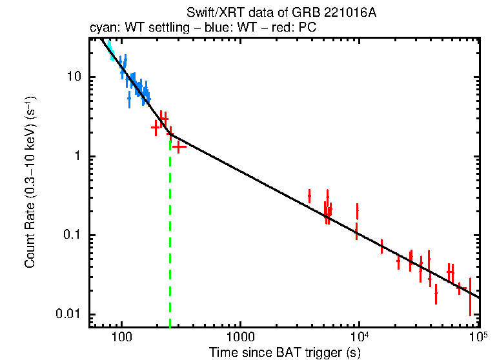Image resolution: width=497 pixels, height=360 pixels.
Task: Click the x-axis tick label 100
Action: [121, 337]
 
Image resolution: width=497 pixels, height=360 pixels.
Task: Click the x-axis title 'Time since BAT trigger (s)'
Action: [284, 352]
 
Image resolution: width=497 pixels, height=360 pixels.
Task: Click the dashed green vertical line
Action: [170, 258]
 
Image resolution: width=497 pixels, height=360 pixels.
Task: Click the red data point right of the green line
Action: [178, 146]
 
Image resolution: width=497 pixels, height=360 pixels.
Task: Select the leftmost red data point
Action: [156, 127]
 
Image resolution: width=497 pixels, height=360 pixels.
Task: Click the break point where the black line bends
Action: [170, 135]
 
